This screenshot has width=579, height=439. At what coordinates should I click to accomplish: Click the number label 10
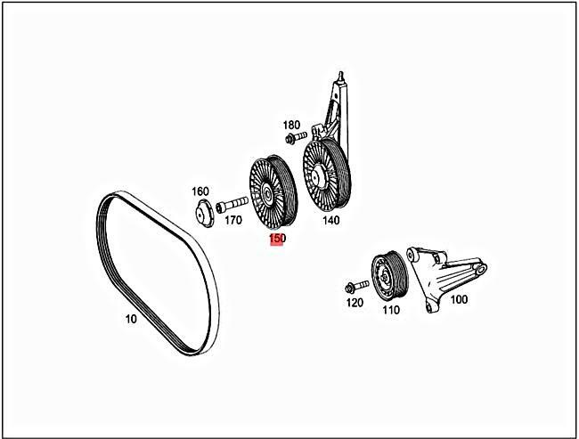(130, 318)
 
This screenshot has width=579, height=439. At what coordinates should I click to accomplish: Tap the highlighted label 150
(277, 240)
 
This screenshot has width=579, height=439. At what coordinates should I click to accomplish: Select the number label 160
(200, 191)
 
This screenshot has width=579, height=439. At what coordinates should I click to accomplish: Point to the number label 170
(233, 219)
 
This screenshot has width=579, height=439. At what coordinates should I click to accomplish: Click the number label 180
(291, 126)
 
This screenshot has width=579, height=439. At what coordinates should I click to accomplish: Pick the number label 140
(331, 220)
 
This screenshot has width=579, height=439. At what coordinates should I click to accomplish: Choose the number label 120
(355, 303)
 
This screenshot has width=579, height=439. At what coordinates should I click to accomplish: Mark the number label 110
(390, 310)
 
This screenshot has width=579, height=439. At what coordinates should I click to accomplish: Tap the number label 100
(458, 300)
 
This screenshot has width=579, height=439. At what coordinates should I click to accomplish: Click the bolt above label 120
(354, 287)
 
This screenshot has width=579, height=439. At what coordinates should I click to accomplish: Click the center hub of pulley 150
(266, 193)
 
